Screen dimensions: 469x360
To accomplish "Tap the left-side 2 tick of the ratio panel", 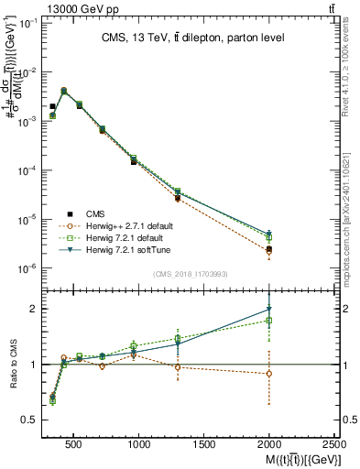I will [x=29, y=309].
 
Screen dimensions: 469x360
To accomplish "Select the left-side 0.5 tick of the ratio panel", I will [x=27, y=420].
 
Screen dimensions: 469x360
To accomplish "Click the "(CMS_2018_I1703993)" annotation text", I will [x=191, y=274].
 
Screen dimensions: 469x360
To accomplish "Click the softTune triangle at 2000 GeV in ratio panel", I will [x=268, y=310].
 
